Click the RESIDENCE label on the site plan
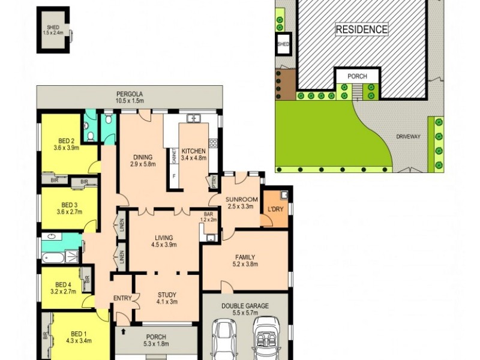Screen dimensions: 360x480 tap(361, 29)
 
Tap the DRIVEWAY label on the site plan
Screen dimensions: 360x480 tap(408, 137)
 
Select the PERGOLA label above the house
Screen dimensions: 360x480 tap(130, 94)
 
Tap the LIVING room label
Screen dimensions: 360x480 tap(163, 241)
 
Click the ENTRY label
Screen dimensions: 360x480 tap(122, 298)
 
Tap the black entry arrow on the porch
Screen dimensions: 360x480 tap(124, 331)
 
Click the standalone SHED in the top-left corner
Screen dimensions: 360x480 tap(53, 30)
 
